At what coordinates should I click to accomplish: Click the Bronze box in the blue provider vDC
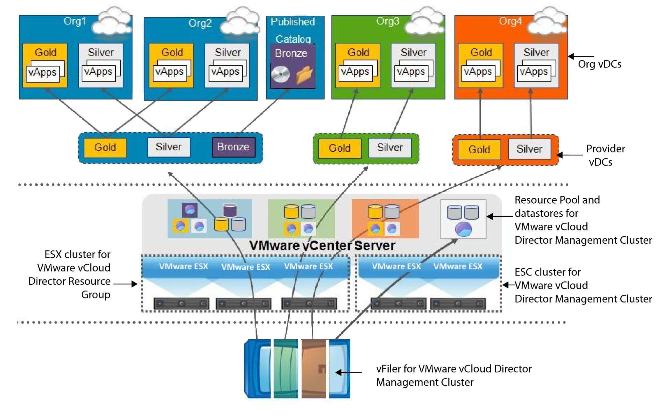point(234,147)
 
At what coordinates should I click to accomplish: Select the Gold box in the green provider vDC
point(340,148)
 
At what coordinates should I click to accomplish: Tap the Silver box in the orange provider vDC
point(530,149)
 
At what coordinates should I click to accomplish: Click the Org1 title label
point(75,21)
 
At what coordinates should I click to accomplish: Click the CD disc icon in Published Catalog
point(280,74)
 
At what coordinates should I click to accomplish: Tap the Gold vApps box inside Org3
point(357,65)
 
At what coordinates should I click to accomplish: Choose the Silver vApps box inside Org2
point(227,65)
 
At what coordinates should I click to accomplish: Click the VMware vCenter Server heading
point(322,246)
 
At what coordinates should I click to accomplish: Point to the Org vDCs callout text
point(600,64)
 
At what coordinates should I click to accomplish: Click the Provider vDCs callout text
point(605,155)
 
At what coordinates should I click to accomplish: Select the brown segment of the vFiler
point(314,369)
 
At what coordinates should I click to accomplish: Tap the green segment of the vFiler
point(286,369)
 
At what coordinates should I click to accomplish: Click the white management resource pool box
point(463,219)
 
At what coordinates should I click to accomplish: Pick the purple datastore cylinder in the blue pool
point(230,210)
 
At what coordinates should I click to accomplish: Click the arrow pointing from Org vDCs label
point(581,56)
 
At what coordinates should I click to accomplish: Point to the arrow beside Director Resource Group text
point(125,284)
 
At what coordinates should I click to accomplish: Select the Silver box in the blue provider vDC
point(169,147)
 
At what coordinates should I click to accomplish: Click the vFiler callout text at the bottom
point(454,375)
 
